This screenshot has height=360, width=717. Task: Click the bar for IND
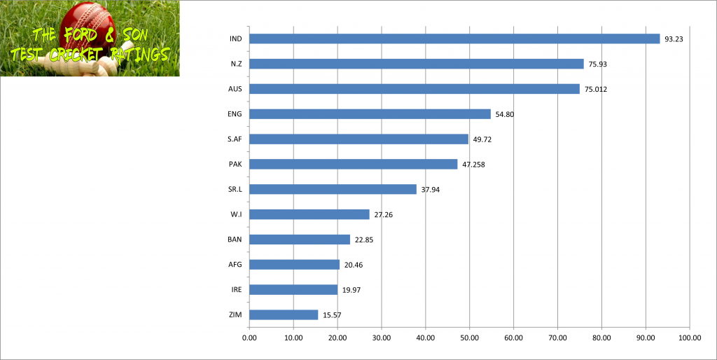point(454,39)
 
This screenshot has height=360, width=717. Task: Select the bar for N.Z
point(416,64)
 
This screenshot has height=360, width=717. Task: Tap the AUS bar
point(414,89)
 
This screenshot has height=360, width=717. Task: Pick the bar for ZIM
point(284,314)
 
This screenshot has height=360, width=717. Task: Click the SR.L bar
point(333,189)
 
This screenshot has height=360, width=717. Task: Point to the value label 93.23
point(674,39)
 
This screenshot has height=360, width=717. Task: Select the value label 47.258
point(473,165)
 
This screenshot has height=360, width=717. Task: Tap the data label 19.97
point(351,290)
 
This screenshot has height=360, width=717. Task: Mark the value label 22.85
point(364,240)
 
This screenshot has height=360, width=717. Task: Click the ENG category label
point(235,114)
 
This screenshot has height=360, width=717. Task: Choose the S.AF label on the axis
point(235,139)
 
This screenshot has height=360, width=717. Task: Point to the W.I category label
point(236,214)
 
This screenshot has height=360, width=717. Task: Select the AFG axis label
point(235,265)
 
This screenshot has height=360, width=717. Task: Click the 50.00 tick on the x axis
point(469,337)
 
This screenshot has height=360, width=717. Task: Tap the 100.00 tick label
point(689,337)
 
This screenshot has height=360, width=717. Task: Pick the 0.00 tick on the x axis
point(249,337)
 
